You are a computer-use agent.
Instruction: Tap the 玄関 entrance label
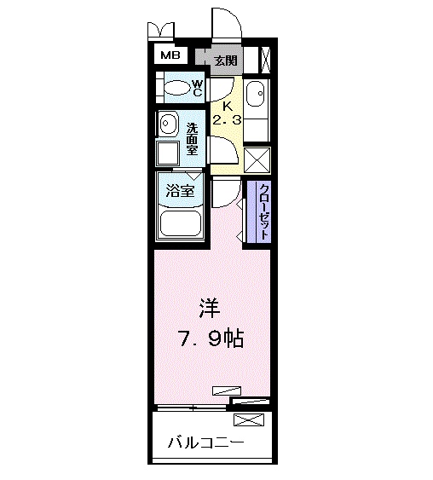click(x=225, y=61)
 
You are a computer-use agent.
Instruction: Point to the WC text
click(x=196, y=88)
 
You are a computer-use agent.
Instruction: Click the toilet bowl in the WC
click(x=176, y=88)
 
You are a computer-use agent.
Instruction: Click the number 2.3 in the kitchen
click(x=227, y=120)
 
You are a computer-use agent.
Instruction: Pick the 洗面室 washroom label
click(x=193, y=139)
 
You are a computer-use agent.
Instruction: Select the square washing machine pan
click(x=168, y=154)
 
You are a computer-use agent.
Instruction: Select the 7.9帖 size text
click(x=211, y=339)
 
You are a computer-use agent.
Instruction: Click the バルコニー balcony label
click(x=205, y=442)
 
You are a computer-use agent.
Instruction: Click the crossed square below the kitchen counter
click(x=257, y=160)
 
